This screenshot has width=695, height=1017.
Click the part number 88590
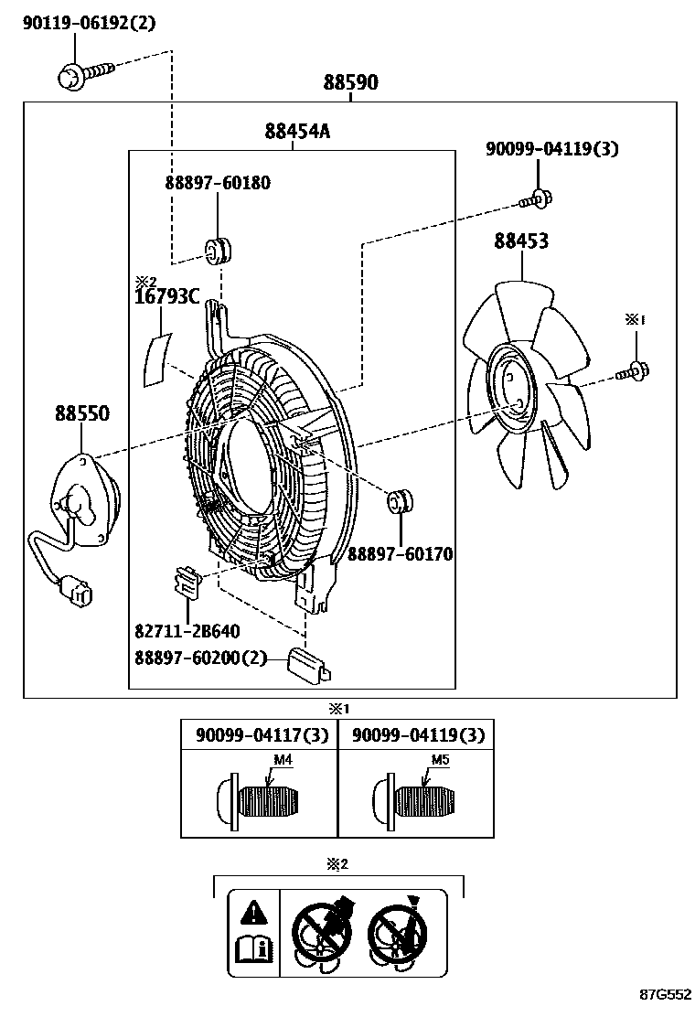pos(350,83)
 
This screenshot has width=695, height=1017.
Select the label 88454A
pos(297,132)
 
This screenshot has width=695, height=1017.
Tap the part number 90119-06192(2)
pos(90,24)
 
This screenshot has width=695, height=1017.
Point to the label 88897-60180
pos(218,183)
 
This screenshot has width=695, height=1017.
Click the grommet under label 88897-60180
pos(218,249)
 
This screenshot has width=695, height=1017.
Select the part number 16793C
pos(167,296)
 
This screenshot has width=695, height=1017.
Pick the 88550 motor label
pos(81,414)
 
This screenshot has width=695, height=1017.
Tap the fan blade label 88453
pos(521,241)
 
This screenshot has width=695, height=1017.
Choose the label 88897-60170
pos(400,554)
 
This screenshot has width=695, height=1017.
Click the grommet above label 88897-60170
pos(401,502)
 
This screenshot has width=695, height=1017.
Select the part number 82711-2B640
pos(187,631)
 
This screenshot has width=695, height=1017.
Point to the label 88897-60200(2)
pos(201,658)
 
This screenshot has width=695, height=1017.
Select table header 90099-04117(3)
pos(261,735)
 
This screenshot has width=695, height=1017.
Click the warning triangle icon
pos(253,911)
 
